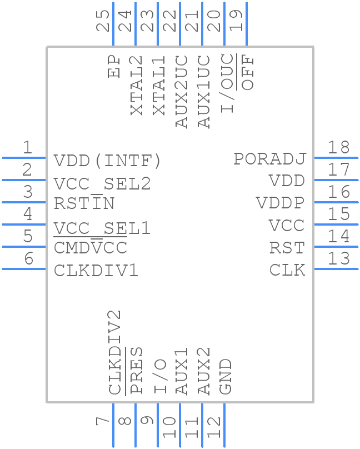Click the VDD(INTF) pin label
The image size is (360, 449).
click(108, 161)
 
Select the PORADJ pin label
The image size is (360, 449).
click(269, 159)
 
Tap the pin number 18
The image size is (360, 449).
click(338, 148)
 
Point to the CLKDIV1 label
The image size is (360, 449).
click(96, 271)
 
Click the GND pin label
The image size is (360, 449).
click(226, 377)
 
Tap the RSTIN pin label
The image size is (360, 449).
click(84, 203)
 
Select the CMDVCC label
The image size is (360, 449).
click(91, 247)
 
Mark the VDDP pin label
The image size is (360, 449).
click(281, 203)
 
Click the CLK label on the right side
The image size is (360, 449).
click(287, 270)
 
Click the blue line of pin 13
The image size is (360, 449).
click(336, 269)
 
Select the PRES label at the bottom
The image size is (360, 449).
click(137, 370)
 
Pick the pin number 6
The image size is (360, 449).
click(28, 259)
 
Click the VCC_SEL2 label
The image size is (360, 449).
click(102, 183)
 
